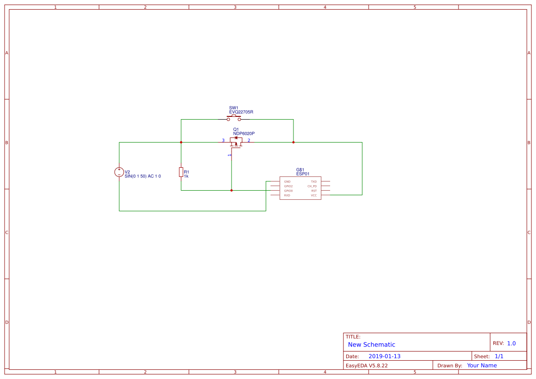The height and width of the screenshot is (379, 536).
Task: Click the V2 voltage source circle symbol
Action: pyautogui.click(x=119, y=172)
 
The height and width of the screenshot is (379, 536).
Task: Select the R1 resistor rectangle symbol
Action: pyautogui.click(x=181, y=172)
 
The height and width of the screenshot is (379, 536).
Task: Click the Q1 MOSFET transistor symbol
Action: pyautogui.click(x=236, y=142)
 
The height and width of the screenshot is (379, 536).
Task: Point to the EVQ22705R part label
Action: pyautogui.click(x=241, y=112)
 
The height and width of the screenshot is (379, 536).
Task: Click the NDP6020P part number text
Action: pyautogui.click(x=243, y=133)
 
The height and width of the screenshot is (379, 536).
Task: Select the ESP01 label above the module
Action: pyautogui.click(x=303, y=174)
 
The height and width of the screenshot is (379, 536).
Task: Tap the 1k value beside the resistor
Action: pyautogui.click(x=186, y=176)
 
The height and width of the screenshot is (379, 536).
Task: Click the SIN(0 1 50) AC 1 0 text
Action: pyautogui.click(x=143, y=176)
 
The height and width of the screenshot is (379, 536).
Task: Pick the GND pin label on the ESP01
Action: pyautogui.click(x=287, y=181)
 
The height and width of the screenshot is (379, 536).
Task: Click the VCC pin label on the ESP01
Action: pyautogui.click(x=314, y=195)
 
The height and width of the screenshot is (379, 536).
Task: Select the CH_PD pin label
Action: pyautogui.click(x=312, y=186)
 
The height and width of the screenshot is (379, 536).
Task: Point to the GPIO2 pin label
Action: pyautogui.click(x=288, y=186)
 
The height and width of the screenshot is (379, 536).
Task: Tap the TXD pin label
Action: pyautogui.click(x=314, y=181)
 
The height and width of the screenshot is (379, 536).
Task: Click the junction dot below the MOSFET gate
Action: pyautogui.click(x=232, y=190)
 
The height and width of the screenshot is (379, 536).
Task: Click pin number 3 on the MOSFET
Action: pyautogui.click(x=223, y=140)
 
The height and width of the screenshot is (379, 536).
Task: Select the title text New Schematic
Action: pyautogui.click(x=371, y=345)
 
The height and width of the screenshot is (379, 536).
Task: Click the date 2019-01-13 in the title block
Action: pyautogui.click(x=384, y=356)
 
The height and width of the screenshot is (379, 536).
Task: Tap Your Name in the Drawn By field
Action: pyautogui.click(x=481, y=365)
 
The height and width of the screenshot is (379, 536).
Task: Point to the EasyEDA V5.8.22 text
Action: pyautogui.click(x=366, y=365)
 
